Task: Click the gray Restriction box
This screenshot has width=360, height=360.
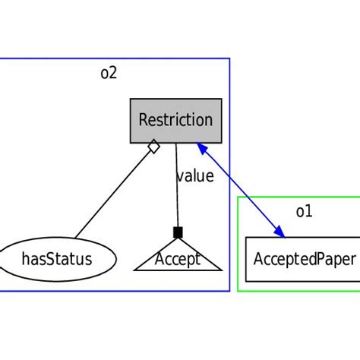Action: [x=175, y=120]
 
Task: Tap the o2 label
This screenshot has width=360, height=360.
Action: [x=109, y=74]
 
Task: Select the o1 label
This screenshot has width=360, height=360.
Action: [x=304, y=212]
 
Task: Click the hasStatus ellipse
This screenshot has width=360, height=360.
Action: [x=57, y=259]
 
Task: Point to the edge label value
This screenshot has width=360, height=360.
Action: [x=195, y=176]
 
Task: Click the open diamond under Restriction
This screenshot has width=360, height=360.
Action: [x=153, y=147]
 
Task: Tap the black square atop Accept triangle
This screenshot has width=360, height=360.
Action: [x=178, y=232]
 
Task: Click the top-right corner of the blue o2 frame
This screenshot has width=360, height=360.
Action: [x=229, y=58]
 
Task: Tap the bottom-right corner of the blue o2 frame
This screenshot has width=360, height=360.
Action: [x=229, y=290]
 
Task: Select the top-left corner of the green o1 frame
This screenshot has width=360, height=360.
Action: [x=238, y=197]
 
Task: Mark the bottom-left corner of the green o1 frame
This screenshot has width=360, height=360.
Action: [x=238, y=290]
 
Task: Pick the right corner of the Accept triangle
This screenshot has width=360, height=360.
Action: [x=220, y=270]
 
